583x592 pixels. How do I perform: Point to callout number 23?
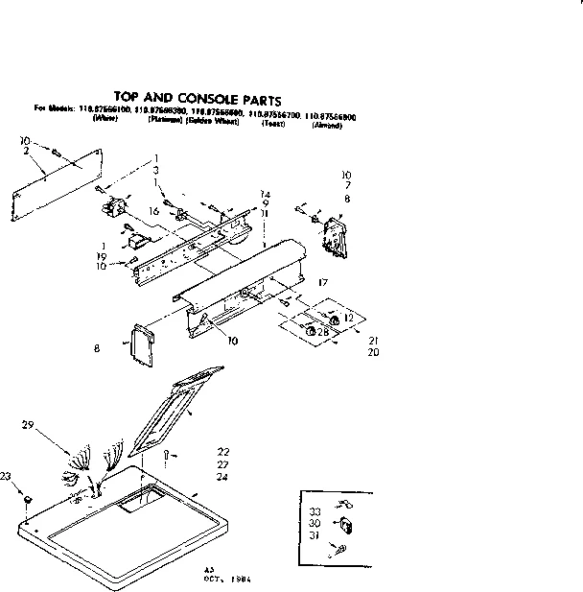pos(7,476)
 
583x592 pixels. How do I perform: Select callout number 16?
pos(152,210)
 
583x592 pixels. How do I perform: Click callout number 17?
pos(323,282)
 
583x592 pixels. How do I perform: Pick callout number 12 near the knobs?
pos(348,317)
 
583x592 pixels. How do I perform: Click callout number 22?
pos(222,451)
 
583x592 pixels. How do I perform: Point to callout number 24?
pos(222,477)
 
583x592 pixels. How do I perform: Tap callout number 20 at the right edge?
pos(373,353)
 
